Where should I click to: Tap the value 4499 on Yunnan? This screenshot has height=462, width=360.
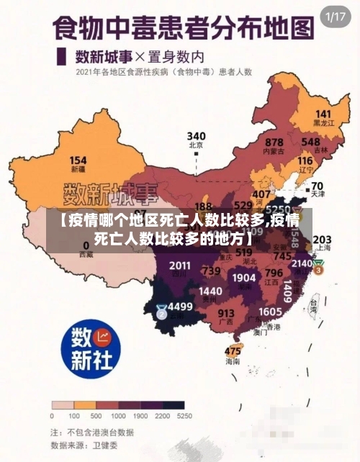pos(179,307)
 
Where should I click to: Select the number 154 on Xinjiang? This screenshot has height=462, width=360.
pos(78,160)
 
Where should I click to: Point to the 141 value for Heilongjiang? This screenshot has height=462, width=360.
pos(323,114)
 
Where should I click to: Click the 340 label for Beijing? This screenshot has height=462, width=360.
pos(196,135)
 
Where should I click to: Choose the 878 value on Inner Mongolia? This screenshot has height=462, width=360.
pos(274,142)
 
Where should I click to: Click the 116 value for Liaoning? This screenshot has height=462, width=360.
pos(305,160)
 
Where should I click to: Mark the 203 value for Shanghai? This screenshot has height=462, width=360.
pos(322,240)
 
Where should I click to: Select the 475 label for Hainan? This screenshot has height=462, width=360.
pos(233,350)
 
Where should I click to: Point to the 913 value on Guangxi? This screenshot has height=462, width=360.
pos(226,313)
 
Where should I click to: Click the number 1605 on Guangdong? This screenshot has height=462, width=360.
pos(270,311)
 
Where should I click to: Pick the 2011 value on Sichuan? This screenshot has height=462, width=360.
pos(180,266)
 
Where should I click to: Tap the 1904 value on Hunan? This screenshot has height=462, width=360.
pos(244,277)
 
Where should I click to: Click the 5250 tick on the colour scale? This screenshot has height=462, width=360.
pos(185,416)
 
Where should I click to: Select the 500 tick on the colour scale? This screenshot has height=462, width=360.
pos(95,416)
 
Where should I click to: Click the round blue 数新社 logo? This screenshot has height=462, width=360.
pos(90,349)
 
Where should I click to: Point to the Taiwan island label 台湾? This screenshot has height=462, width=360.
pos(313,304)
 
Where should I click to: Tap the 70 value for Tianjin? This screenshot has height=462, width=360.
pos(317,186)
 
